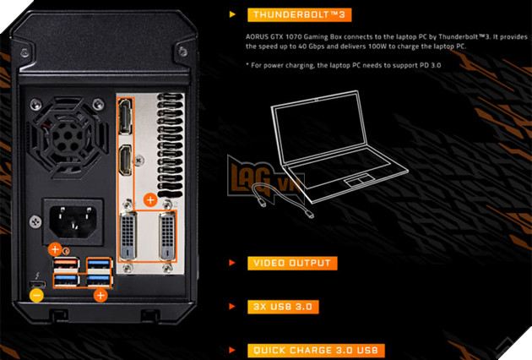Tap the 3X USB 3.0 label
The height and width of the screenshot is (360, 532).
click(284, 307)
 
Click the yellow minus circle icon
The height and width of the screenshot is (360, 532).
click(36, 295)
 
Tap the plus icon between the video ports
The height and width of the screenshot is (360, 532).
click(149, 200)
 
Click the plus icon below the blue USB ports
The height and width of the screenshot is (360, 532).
click(100, 295)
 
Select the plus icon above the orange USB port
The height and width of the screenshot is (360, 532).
click(55, 249)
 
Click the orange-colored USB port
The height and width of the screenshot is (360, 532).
click(64, 265)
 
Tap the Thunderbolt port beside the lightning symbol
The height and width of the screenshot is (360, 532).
click(36, 280)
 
